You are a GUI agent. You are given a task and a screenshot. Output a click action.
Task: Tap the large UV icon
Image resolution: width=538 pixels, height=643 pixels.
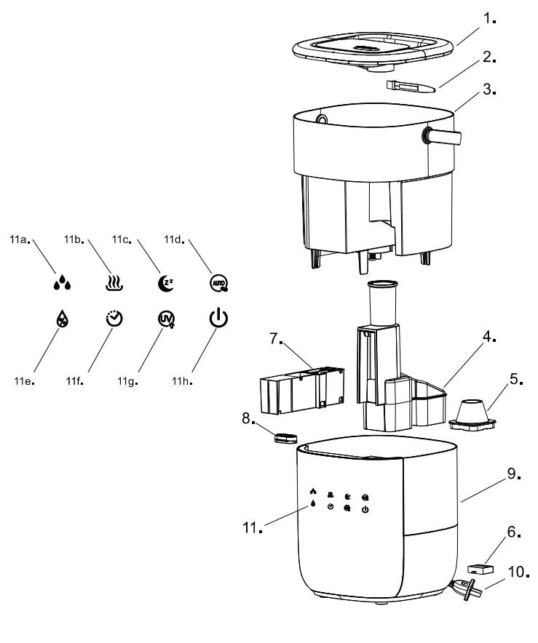[x=167, y=319]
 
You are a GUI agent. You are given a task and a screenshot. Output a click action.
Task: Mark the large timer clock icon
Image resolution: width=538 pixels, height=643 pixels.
[x=114, y=319]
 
